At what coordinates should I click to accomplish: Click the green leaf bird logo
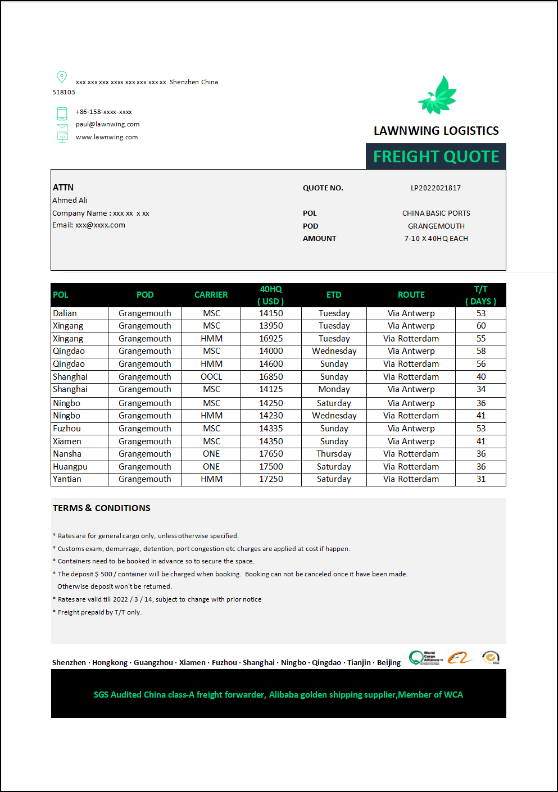pyautogui.click(x=437, y=95)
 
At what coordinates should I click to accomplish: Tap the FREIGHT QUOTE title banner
pyautogui.click(x=436, y=156)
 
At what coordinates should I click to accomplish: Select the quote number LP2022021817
pyautogui.click(x=435, y=188)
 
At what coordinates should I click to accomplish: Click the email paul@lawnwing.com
pyautogui.click(x=107, y=124)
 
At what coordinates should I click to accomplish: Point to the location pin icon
pyautogui.click(x=62, y=77)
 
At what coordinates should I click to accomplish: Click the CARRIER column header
pyautogui.click(x=211, y=295)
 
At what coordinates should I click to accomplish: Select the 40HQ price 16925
pyautogui.click(x=271, y=339)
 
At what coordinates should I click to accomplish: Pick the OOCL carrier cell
pyautogui.click(x=211, y=377)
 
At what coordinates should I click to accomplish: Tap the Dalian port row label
pyautogui.click(x=65, y=313)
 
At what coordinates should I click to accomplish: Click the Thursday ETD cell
pyautogui.click(x=334, y=454)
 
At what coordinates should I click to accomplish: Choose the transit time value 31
pyautogui.click(x=481, y=479)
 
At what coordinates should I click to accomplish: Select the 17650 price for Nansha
pyautogui.click(x=271, y=454)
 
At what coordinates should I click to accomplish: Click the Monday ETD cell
pyautogui.click(x=334, y=389)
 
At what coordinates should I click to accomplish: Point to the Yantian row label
pyautogui.click(x=67, y=479)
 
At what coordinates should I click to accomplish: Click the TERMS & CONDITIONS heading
pyautogui.click(x=102, y=508)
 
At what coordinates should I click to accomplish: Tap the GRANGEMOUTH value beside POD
pyautogui.click(x=436, y=226)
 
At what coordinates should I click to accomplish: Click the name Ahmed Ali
pyautogui.click(x=70, y=201)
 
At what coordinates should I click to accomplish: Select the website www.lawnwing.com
pyautogui.click(x=107, y=137)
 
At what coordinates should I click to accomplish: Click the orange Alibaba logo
pyautogui.click(x=460, y=658)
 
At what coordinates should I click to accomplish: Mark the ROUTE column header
pyautogui.click(x=411, y=295)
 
